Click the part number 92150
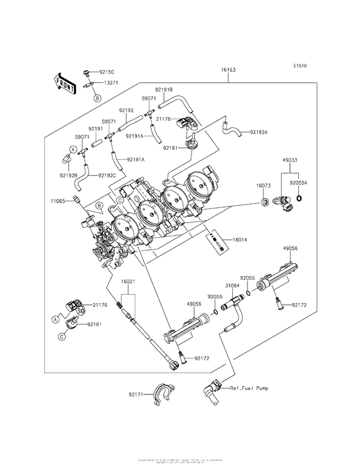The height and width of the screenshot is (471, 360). point(106,73)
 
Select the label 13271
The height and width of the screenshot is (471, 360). point(111,83)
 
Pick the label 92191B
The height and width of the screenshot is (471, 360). point(163,89)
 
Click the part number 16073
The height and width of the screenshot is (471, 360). point(264,185)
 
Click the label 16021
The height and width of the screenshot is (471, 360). point(128,281)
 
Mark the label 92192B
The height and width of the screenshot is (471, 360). point(69,174)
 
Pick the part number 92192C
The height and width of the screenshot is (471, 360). point(107,174)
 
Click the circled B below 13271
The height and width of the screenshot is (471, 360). point(96,98)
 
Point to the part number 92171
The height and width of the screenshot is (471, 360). point(136,393)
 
